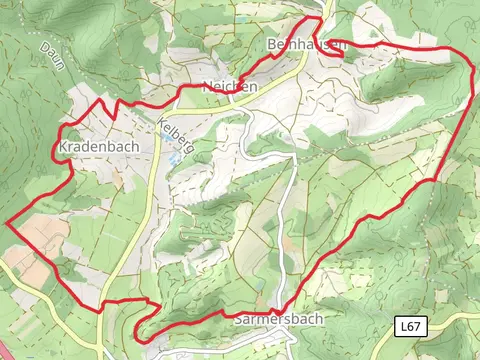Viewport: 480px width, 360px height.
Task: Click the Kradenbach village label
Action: (x=98, y=146)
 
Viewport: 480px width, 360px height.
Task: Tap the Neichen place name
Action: (x=229, y=87)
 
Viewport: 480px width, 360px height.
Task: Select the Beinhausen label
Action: (x=306, y=45)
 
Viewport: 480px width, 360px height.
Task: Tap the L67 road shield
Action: (x=408, y=326)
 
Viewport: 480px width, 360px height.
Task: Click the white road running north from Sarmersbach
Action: (x=286, y=240)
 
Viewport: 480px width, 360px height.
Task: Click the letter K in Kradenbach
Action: (x=65, y=146)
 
